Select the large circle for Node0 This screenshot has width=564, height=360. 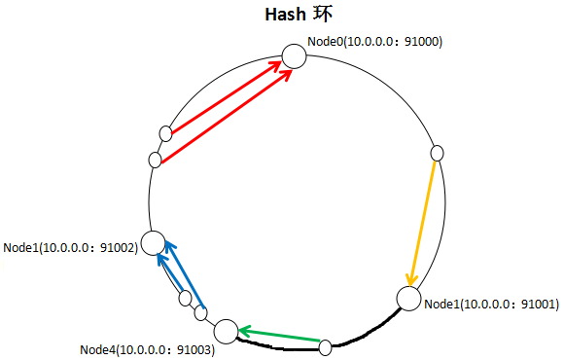[294, 56]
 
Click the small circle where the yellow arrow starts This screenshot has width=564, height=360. [437, 153]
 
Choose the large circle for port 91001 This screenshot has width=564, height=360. [408, 300]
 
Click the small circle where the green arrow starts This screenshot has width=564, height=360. [326, 344]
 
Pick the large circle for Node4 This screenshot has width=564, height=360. [226, 332]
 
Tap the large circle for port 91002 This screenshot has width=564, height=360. [153, 242]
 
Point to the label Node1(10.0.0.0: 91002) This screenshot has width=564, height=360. [70, 248]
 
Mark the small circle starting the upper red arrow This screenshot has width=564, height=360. [166, 132]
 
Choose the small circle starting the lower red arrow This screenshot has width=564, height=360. [155, 160]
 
